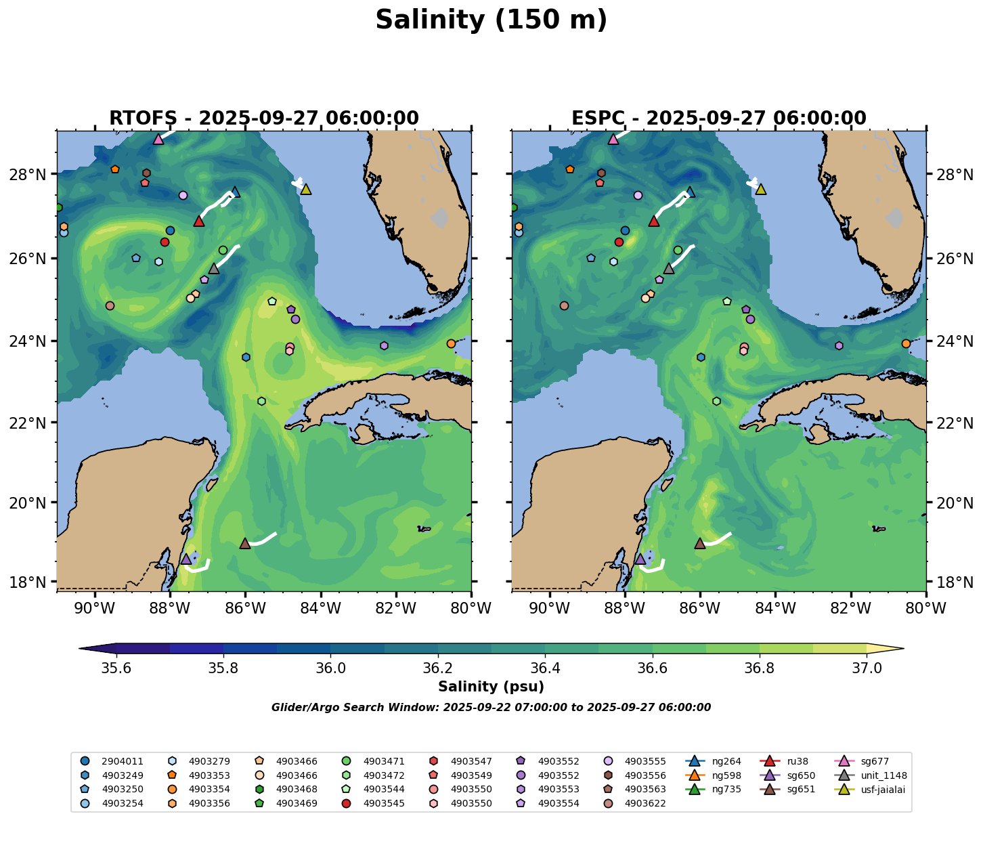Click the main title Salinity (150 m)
[491, 20]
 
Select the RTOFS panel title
[264, 119]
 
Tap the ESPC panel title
[719, 119]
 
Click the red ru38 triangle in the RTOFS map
[199, 221]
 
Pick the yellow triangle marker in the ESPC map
[760, 190]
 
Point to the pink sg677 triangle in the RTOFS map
[158, 140]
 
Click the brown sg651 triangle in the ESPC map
[700, 543]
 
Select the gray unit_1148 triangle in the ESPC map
[669, 269]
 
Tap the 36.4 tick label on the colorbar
[545, 668]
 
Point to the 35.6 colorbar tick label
[116, 668]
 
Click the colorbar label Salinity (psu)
[491, 687]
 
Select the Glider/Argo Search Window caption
[491, 708]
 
